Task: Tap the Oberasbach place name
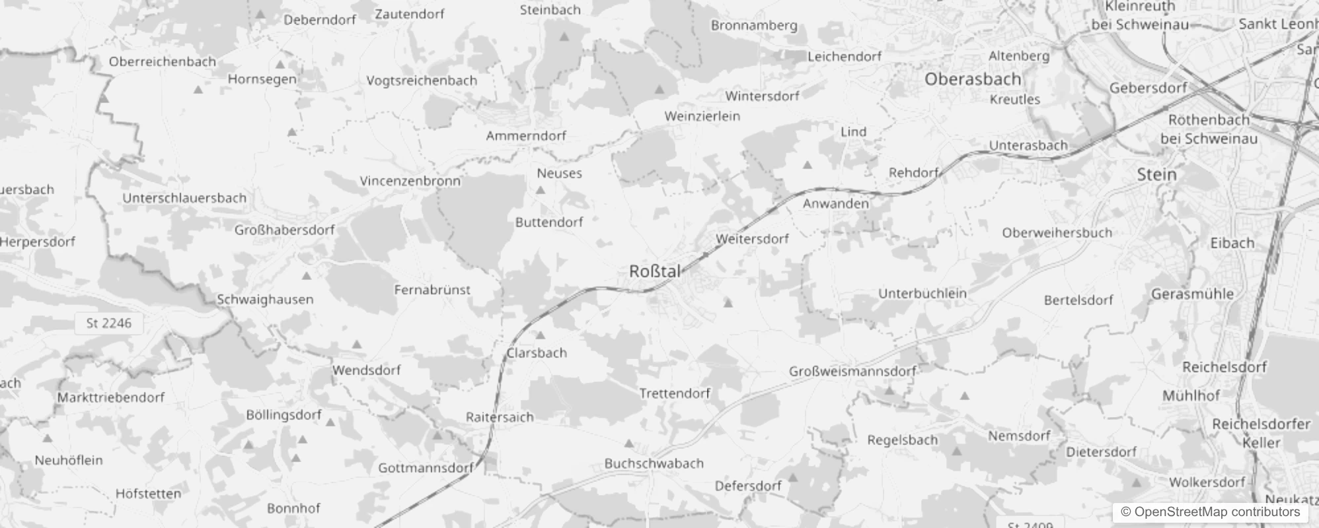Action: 973,79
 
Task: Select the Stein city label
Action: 1156,175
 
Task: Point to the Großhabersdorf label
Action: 285,230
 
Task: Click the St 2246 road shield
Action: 109,323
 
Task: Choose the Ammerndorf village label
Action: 526,136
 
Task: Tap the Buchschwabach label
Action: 654,464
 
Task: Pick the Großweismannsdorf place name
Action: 852,372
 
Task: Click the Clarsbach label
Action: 537,353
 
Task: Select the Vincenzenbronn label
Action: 410,181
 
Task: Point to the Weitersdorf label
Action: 753,239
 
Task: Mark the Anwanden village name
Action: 835,204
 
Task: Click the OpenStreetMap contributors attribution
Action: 1211,512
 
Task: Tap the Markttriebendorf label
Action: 110,398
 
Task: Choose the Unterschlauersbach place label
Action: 184,198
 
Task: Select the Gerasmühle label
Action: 1192,294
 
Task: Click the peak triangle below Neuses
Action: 540,190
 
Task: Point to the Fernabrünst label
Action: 432,290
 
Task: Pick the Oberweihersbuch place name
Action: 1057,233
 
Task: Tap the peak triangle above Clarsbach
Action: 540,335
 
